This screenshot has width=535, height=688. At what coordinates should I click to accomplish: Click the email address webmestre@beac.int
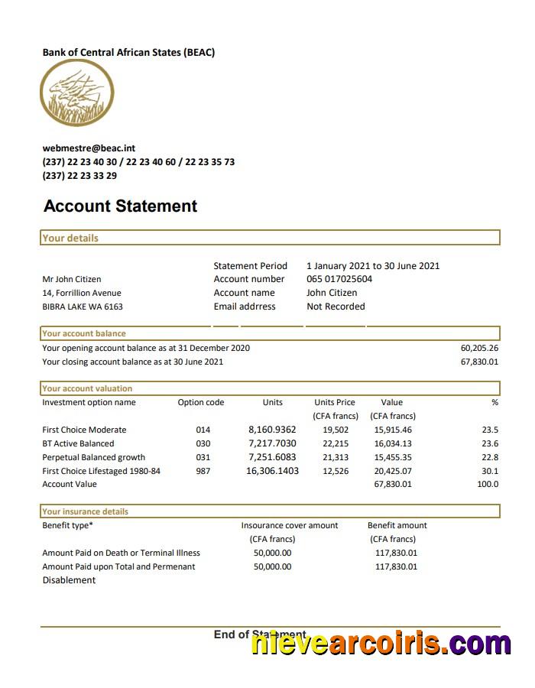(89, 148)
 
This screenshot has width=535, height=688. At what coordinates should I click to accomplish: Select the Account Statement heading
(120, 206)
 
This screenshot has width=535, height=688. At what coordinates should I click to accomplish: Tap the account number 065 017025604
(339, 279)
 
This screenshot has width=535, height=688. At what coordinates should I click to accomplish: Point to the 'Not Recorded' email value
(336, 307)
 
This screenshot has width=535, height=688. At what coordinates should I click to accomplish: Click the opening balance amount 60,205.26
(479, 348)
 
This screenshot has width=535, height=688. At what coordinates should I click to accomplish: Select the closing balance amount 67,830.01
(479, 362)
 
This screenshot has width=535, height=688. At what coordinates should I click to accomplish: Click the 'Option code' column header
(201, 402)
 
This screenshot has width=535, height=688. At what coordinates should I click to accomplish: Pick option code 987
(203, 471)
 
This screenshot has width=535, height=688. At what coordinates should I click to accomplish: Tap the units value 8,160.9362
(272, 430)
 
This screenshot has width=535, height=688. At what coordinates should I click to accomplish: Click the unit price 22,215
(336, 443)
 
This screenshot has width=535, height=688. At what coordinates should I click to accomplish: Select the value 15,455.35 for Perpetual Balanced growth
(393, 457)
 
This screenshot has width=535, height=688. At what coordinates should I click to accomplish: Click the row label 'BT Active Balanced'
(78, 443)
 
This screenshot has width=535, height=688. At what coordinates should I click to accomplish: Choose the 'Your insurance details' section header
(86, 511)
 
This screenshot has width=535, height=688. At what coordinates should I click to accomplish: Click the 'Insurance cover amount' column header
(289, 525)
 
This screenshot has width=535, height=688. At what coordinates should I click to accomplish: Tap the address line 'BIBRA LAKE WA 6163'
(83, 307)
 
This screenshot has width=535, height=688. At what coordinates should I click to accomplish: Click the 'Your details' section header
(70, 238)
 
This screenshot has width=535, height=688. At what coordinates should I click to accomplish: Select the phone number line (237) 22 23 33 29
(79, 175)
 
